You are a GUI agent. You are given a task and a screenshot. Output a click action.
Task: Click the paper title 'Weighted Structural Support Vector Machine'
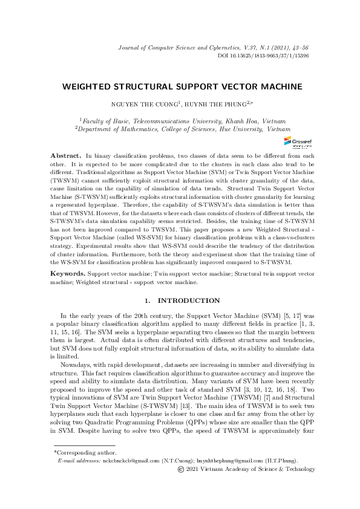(180, 86)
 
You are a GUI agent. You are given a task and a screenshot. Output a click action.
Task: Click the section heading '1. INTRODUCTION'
(180, 300)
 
